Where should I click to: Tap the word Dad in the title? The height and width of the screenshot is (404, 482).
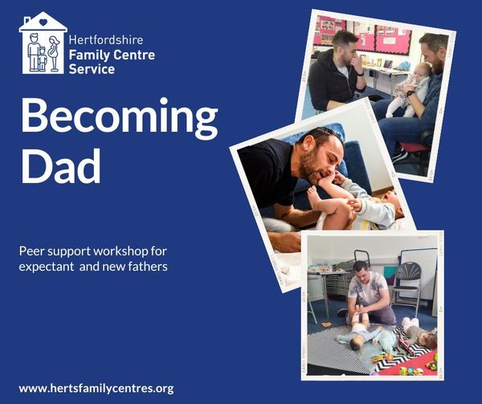[x=60, y=166]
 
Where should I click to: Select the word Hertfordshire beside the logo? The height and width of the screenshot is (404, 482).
[x=106, y=40]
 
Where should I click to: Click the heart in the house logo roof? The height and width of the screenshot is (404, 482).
[x=43, y=22]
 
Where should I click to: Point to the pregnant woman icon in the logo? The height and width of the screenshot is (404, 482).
[x=55, y=54]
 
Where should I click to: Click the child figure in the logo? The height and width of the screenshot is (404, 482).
[x=42, y=59]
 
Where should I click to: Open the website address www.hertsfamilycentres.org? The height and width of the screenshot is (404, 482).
[x=96, y=388]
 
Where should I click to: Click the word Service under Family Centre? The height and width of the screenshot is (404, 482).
[x=92, y=69]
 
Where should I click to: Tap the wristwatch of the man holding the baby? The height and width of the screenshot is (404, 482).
[x=410, y=93]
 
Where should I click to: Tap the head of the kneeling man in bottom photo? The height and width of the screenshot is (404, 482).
[x=361, y=270]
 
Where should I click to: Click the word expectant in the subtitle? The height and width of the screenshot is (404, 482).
[x=47, y=267]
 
